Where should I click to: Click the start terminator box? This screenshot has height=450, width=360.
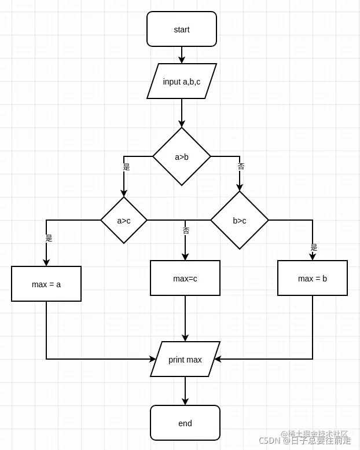[x=181, y=29]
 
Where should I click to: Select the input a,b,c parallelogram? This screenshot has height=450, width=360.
[x=181, y=81]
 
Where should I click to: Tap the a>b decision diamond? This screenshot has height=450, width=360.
[x=181, y=156]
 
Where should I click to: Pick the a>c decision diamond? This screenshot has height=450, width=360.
[x=123, y=220]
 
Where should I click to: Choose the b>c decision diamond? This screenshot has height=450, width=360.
[x=239, y=220]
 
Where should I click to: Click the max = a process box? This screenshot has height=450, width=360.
[x=46, y=284]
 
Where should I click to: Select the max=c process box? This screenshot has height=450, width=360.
[x=185, y=278]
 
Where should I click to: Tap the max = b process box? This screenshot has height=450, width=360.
[x=313, y=278]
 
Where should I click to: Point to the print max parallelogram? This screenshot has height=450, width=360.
[x=185, y=359]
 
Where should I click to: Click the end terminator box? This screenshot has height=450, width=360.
[x=185, y=423]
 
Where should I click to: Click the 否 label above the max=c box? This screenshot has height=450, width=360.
[x=186, y=231]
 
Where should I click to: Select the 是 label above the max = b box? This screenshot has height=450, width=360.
[x=314, y=247]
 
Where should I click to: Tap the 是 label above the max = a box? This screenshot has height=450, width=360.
[x=49, y=238]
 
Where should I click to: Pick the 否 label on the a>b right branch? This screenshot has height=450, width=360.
[x=241, y=166]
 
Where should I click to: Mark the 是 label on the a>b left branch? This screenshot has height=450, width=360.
[x=126, y=167]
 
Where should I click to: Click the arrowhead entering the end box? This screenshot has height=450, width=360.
[x=185, y=401]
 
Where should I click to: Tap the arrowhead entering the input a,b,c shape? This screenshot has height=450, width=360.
[x=182, y=60]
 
